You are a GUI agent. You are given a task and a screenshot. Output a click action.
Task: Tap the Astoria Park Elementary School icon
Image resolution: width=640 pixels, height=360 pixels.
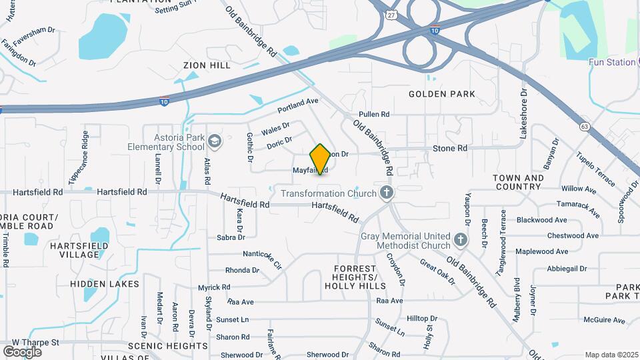[x=215, y=141]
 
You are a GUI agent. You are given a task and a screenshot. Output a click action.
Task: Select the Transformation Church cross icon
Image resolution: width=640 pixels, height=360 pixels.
[x=386, y=194]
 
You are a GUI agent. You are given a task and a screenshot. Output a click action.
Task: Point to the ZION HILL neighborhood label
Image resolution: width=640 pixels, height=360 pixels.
[x=207, y=65]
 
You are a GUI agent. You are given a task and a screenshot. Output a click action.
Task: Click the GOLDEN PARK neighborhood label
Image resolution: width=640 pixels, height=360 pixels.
[x=442, y=94]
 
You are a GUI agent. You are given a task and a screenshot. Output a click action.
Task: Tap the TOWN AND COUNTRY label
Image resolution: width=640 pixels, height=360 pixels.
[x=519, y=183]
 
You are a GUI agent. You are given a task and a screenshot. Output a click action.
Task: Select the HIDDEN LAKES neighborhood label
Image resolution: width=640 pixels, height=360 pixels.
[x=105, y=284]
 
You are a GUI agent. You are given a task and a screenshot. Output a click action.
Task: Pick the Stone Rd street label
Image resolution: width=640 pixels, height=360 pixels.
[x=450, y=148]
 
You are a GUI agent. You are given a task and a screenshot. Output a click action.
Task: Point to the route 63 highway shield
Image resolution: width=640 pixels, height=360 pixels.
[x=585, y=126]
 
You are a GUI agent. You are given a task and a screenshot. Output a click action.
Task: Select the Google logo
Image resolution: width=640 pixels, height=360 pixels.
[x=22, y=351]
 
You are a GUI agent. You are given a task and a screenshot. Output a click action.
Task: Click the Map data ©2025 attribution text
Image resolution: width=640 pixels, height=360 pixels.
[x=611, y=355]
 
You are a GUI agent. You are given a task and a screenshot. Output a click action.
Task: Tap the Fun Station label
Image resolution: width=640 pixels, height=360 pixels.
[x=612, y=62]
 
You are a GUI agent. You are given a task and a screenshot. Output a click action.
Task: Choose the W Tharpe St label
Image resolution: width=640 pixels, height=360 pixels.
[x=35, y=343]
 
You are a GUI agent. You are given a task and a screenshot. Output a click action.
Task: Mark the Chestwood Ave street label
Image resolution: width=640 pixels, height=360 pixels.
[x=573, y=235]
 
